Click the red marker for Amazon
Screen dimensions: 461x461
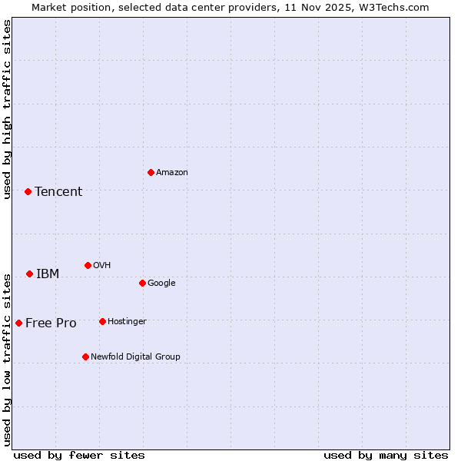pyautogui.click(x=151, y=172)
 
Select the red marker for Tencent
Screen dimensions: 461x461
pyautogui.click(x=28, y=191)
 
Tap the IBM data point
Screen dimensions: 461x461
pyautogui.click(x=29, y=274)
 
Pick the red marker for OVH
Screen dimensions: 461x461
pyautogui.click(x=88, y=265)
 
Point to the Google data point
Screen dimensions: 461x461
pyautogui.click(x=142, y=283)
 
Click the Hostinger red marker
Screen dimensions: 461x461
pyautogui.click(x=102, y=321)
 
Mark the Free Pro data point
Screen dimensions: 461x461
pyautogui.click(x=18, y=323)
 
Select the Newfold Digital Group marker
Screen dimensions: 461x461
pyautogui.click(x=85, y=357)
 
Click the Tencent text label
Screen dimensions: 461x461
pyautogui.click(x=58, y=191)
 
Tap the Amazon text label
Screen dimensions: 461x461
pyautogui.click(x=171, y=172)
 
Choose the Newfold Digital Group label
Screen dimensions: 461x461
pyautogui.click(x=135, y=357)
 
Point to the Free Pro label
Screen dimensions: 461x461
pyautogui.click(x=51, y=323)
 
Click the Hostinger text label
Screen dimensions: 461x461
pyautogui.click(x=127, y=321)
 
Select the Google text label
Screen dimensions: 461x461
pyautogui.click(x=161, y=283)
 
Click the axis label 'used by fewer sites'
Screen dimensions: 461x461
pyautogui.click(x=79, y=455)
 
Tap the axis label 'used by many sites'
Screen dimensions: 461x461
pyautogui.click(x=386, y=455)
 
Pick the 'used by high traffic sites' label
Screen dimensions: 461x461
pyautogui.click(x=7, y=109)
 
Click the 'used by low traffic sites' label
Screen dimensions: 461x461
pyautogui.click(x=7, y=359)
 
